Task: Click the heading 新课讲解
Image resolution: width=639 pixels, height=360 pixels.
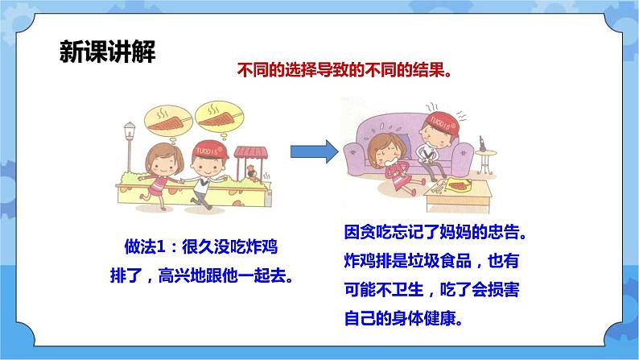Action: pyautogui.click(x=107, y=52)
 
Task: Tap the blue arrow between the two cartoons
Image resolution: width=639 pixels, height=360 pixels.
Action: pyautogui.click(x=314, y=151)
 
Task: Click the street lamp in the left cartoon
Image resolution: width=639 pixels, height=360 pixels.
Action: pyautogui.click(x=130, y=146)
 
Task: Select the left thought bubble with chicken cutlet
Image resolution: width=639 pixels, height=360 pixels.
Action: pyautogui.click(x=168, y=120)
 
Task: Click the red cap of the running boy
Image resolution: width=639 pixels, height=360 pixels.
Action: pyautogui.click(x=210, y=150)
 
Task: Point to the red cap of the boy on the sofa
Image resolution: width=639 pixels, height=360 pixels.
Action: pyautogui.click(x=442, y=123)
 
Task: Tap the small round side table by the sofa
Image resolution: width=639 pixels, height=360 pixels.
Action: pyautogui.click(x=485, y=162)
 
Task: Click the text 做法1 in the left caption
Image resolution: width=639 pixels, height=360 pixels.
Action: pyautogui.click(x=145, y=246)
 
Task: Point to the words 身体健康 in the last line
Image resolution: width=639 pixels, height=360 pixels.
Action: pyautogui.click(x=424, y=318)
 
